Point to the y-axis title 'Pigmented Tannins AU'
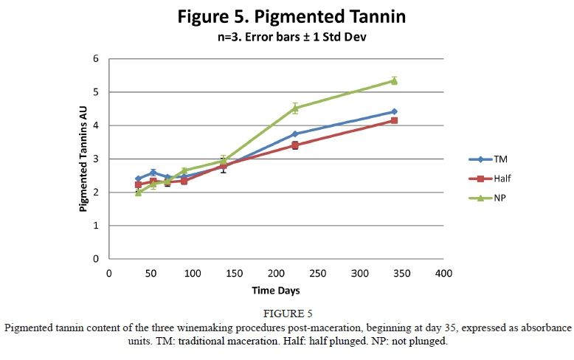pyautogui.click(x=83, y=159)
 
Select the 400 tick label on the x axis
pyautogui.click(x=443, y=273)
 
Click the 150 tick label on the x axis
pyautogui.click(x=234, y=273)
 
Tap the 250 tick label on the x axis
pyautogui.click(x=318, y=273)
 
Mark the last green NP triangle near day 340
pyautogui.click(x=394, y=80)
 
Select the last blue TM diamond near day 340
pyautogui.click(x=394, y=111)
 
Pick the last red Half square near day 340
pyautogui.click(x=394, y=120)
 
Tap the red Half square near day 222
pyautogui.click(x=295, y=145)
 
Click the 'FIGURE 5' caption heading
pyautogui.click(x=286, y=314)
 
